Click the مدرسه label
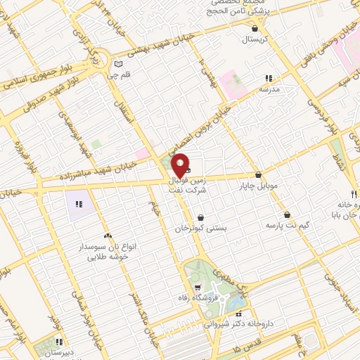coord(269,90)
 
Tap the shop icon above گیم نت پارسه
coord(288,214)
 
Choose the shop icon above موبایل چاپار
coord(258,174)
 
